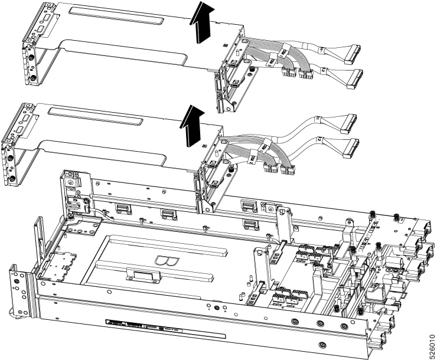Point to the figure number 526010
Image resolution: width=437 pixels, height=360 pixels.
click(430, 338)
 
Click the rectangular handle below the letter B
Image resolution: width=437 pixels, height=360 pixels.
click(143, 276)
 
